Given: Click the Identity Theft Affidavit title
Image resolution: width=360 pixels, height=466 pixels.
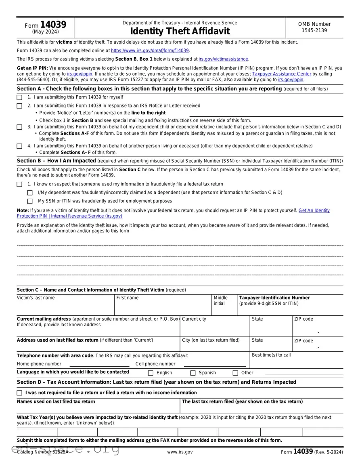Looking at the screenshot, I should [180, 31].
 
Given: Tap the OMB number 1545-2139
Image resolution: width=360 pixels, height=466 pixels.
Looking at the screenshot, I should [314, 27].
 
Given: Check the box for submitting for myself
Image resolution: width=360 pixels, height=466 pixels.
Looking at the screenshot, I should [19, 97].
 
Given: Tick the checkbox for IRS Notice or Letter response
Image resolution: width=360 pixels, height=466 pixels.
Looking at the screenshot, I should [19, 106].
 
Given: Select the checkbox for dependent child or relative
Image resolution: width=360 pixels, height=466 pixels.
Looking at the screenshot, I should [19, 127].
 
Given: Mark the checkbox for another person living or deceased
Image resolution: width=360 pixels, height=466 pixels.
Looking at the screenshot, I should [19, 146].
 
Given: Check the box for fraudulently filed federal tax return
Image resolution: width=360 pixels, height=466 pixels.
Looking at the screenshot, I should [19, 184].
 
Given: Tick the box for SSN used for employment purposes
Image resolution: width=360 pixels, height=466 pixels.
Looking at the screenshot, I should [30, 201].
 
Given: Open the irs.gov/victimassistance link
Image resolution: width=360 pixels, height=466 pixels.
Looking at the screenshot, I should [224, 59].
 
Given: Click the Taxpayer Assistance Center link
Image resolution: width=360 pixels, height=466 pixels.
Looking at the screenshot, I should [281, 74].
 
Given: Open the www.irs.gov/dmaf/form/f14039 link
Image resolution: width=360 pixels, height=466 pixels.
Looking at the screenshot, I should [150, 50].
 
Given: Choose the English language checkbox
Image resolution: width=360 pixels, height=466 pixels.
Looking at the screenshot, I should [151, 373].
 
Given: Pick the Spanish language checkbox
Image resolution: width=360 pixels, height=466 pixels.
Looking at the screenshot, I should [193, 373].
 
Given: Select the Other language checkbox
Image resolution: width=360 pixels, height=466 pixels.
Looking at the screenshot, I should [235, 373].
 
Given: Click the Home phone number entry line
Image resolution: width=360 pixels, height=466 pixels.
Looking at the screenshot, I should [99, 364].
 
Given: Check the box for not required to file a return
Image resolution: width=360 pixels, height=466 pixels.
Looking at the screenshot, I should [19, 393].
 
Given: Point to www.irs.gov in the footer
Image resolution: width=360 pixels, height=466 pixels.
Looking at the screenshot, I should [180, 452].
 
